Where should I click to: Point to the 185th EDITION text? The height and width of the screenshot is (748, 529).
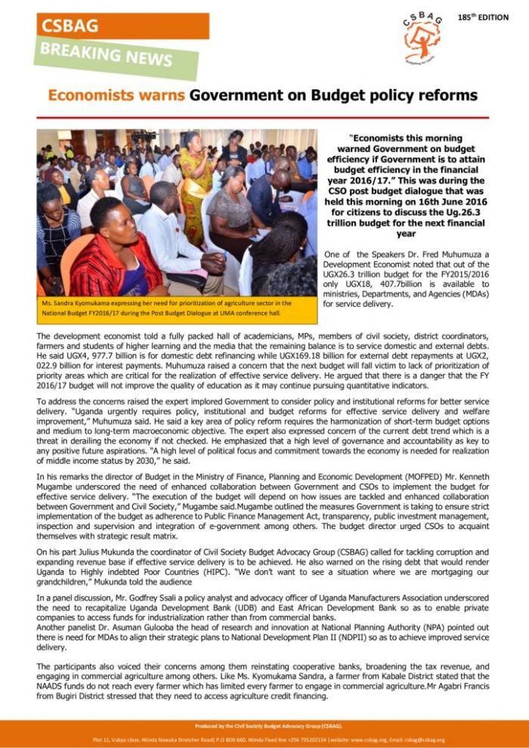483,17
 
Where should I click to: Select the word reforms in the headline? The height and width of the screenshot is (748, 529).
446,95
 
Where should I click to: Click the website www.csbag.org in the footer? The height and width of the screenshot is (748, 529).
366,740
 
